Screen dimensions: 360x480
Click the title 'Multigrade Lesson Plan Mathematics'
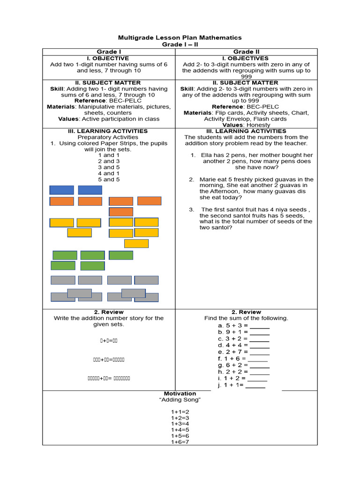pyautogui.click(x=180, y=37)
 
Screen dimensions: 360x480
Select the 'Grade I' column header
pyautogui.click(x=109, y=52)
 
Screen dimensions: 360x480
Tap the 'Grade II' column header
pyautogui.click(x=246, y=52)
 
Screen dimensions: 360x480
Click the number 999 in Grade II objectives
pyautogui.click(x=246, y=76)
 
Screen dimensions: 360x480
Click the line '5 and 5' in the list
pyautogui.click(x=109, y=180)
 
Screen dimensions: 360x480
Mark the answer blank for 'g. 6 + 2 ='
pyautogui.click(x=260, y=365)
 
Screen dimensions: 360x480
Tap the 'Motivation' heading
pyautogui.click(x=180, y=393)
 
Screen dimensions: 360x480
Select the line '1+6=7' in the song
pyautogui.click(x=180, y=442)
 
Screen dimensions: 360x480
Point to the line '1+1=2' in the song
pyautogui.click(x=180, y=412)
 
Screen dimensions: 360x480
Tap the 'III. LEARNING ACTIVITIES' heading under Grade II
pyautogui.click(x=246, y=131)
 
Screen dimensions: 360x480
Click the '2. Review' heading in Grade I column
pyautogui.click(x=109, y=312)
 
